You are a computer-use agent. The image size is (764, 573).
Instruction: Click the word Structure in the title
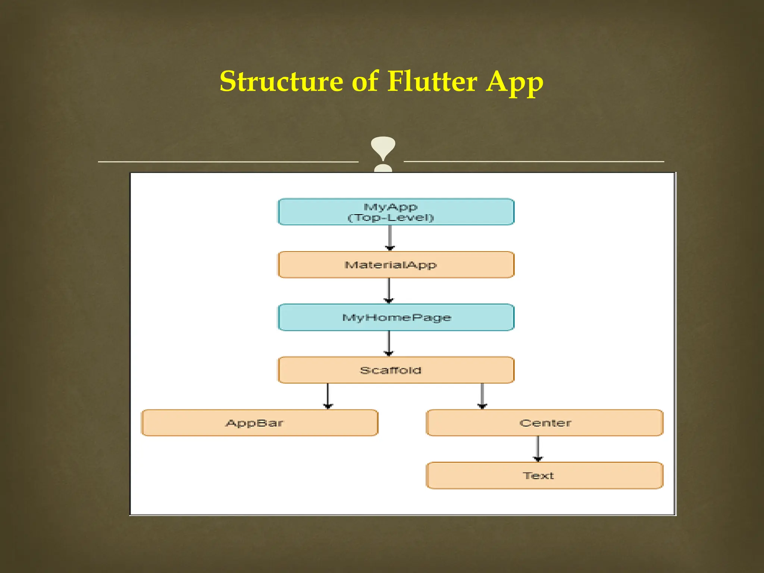[x=281, y=82]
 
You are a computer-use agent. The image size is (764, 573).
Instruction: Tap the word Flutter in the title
[x=432, y=82]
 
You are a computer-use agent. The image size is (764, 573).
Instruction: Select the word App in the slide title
[x=515, y=83]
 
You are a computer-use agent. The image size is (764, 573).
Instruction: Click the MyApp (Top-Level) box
[x=396, y=212]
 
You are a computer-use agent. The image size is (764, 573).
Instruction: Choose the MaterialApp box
[x=396, y=265]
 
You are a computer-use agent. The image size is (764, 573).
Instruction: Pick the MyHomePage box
[x=396, y=317]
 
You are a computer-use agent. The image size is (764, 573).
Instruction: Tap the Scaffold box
[x=396, y=370]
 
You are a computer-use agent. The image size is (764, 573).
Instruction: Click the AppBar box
[x=260, y=423]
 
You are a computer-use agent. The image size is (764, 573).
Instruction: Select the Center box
[x=544, y=423]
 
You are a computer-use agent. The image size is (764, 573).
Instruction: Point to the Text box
[x=544, y=476]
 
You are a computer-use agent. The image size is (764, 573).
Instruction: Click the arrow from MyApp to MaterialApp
[x=390, y=238]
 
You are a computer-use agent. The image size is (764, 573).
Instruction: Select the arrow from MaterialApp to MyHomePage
[x=389, y=291]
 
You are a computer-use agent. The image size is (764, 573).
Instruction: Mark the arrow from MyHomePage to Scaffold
[x=389, y=343]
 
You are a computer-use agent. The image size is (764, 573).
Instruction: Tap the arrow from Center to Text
[x=538, y=449]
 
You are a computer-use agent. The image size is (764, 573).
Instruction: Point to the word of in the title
[x=364, y=82]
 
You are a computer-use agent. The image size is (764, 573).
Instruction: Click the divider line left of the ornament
[x=228, y=162]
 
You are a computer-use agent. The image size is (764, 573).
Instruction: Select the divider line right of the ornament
[x=533, y=162]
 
